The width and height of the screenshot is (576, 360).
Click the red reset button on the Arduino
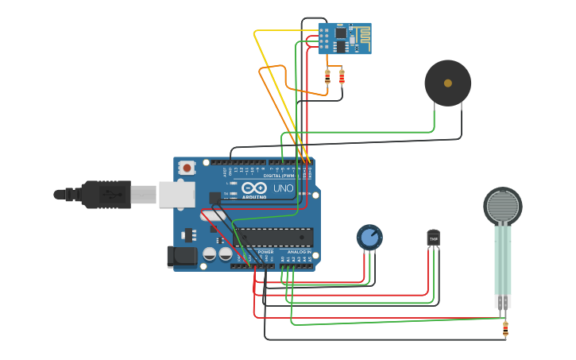tap(187, 167)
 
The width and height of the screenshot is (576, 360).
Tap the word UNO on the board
tap(283, 188)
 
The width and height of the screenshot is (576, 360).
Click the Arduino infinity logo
tap(254, 188)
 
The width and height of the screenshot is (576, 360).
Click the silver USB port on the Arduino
tap(176, 194)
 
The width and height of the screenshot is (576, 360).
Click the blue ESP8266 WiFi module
tap(344, 38)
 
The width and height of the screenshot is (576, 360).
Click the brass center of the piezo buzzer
tap(447, 83)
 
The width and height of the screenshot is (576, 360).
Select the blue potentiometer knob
tap(369, 236)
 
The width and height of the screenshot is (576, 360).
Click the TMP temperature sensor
tap(433, 237)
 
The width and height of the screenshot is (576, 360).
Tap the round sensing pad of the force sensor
tap(503, 207)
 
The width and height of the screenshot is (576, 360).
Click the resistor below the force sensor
tap(504, 327)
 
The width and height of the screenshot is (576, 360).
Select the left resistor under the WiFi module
tap(327, 77)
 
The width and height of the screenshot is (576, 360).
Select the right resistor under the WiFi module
tap(342, 77)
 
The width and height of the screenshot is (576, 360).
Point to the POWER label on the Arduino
tap(265, 252)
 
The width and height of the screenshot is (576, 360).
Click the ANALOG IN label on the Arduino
tap(299, 252)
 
